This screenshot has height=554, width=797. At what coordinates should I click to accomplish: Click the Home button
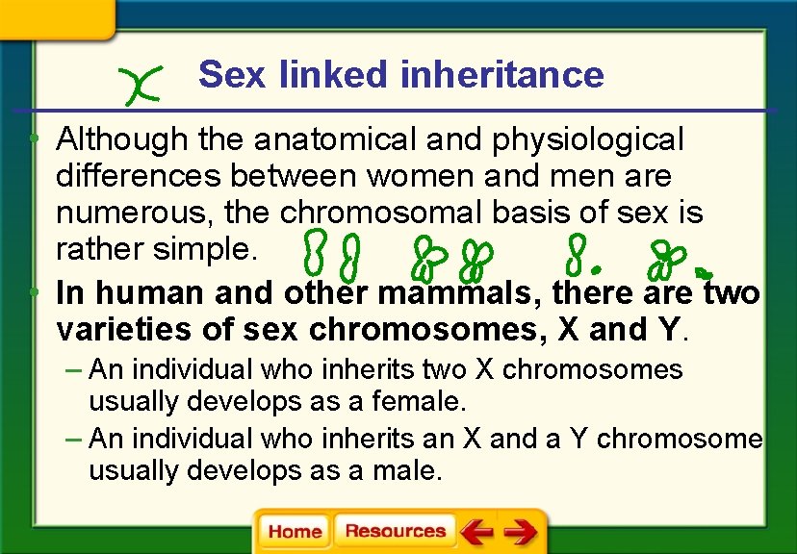[295, 532]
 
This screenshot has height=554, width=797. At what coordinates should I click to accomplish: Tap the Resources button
[395, 532]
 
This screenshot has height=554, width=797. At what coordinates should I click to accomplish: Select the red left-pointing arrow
[476, 532]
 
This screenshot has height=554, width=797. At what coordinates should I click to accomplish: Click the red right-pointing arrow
[520, 532]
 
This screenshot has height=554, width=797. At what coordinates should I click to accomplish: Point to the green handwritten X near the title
[138, 85]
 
